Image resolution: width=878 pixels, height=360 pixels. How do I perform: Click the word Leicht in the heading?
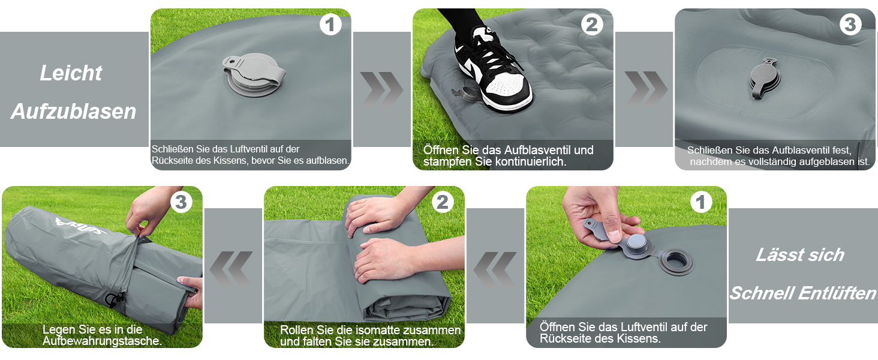(71, 73)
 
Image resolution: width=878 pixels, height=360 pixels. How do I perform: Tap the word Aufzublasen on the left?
(74, 112)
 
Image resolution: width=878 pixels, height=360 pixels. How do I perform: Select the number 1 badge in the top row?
(330, 25)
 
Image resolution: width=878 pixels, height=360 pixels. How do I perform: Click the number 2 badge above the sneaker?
(592, 25)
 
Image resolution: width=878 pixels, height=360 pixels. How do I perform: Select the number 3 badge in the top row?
(850, 25)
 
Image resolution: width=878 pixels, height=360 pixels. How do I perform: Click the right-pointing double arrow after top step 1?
(381, 89)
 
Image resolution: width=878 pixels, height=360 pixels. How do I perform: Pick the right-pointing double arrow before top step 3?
(645, 89)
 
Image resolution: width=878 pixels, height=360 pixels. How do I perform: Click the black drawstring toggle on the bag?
(114, 300)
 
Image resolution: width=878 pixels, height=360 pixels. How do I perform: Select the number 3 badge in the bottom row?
(181, 202)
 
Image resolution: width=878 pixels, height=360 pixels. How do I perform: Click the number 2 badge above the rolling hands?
(443, 202)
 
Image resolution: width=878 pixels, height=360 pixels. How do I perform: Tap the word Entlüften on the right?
(837, 293)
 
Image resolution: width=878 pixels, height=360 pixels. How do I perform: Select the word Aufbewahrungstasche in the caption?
(102, 341)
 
